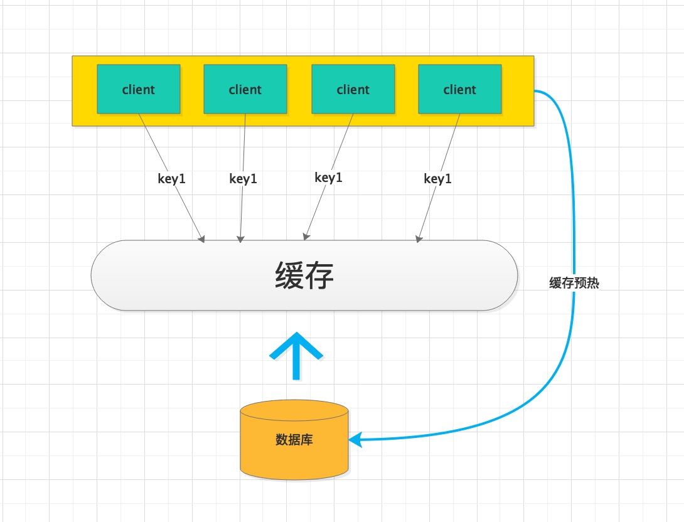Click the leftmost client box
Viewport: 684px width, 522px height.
(x=138, y=89)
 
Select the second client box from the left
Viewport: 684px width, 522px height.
(x=245, y=89)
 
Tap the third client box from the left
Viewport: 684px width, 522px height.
(x=353, y=89)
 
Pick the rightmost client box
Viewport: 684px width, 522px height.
(x=460, y=89)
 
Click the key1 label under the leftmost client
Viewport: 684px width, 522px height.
(x=171, y=179)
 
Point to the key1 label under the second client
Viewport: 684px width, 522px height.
(x=243, y=179)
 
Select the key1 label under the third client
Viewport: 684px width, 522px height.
(x=328, y=178)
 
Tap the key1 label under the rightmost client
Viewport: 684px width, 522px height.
(x=437, y=179)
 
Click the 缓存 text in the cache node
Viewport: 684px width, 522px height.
(x=304, y=275)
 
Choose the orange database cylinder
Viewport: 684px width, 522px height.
(x=294, y=440)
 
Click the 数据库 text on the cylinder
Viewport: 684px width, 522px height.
(x=294, y=440)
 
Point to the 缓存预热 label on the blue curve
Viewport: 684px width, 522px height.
(x=574, y=283)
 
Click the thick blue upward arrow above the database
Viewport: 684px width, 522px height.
(x=296, y=355)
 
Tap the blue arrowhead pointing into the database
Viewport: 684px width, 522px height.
(x=356, y=440)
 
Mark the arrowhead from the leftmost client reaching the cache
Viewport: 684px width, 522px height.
(x=201, y=238)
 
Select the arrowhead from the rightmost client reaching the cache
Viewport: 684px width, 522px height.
(x=419, y=238)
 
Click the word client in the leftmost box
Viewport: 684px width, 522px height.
(x=138, y=89)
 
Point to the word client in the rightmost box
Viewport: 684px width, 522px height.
(x=460, y=89)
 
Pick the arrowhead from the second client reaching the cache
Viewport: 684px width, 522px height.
(x=240, y=238)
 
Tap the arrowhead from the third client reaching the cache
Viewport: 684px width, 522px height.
(x=306, y=237)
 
